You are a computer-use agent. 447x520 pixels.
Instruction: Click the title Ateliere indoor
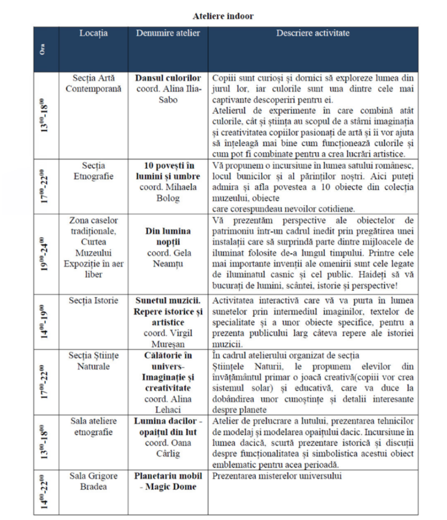coord(223,16)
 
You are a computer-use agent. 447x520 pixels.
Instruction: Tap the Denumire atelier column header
coord(168,33)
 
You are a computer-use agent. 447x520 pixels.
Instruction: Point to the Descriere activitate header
coord(313,33)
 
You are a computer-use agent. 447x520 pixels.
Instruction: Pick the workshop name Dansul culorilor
coord(168,78)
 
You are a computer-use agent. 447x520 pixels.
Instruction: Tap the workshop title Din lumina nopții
coord(168,236)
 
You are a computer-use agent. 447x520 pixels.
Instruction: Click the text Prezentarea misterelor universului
coord(277,476)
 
